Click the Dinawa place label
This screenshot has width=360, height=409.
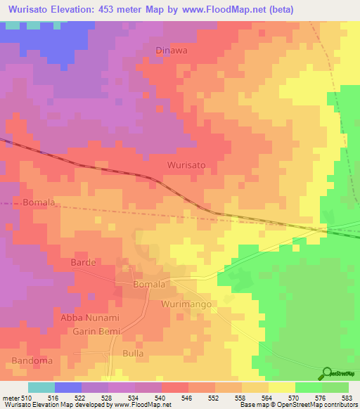(x=172, y=51)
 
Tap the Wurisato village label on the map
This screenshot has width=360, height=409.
(x=186, y=164)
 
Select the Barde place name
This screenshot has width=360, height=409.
(x=83, y=262)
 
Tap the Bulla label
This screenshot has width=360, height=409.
(x=133, y=353)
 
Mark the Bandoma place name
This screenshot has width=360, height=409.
(x=30, y=361)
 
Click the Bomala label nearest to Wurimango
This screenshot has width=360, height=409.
(x=149, y=285)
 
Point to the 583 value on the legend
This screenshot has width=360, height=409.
(x=348, y=398)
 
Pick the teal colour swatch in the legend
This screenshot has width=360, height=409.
(x=41, y=387)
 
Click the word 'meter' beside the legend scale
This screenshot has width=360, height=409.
(x=11, y=398)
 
